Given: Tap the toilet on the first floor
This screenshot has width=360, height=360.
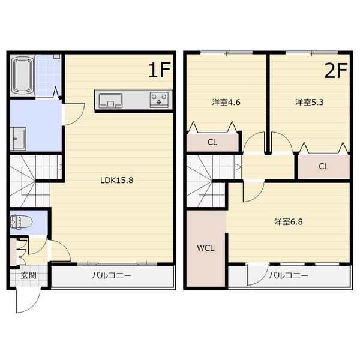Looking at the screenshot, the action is click(x=21, y=222).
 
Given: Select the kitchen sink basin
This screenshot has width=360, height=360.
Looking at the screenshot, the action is click(x=110, y=100).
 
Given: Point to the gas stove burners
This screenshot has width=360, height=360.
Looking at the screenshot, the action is click(x=159, y=99).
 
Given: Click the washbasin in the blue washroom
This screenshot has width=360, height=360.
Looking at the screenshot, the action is click(x=19, y=139).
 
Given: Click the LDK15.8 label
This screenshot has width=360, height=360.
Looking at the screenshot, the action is click(x=116, y=180).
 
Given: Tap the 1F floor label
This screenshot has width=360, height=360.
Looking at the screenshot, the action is click(x=160, y=70).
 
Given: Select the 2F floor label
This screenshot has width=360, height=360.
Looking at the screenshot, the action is click(x=336, y=70).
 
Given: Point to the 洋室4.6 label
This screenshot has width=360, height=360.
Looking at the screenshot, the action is click(x=226, y=102).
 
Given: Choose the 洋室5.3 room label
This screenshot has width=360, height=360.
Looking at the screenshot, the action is click(x=309, y=102).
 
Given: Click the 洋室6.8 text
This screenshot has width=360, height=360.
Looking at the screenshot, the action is click(x=289, y=222).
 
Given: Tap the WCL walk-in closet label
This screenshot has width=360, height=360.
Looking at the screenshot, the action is click(x=205, y=248).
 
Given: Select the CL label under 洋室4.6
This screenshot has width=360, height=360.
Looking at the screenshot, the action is click(x=212, y=142).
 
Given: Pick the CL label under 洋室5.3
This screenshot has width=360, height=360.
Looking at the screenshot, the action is click(x=323, y=166).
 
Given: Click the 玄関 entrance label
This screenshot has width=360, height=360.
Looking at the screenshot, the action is click(x=28, y=275).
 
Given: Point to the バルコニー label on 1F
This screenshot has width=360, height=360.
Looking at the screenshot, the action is click(x=112, y=275).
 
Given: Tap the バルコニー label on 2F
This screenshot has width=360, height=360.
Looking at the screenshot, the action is click(x=289, y=275).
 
